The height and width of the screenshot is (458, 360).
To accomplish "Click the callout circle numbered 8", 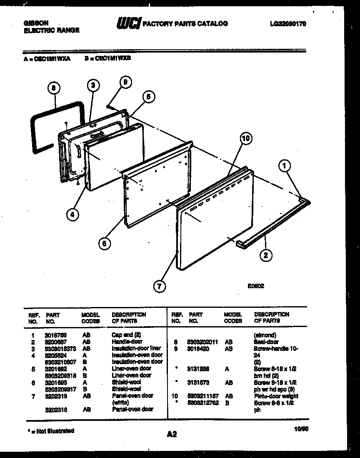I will pos(53,88).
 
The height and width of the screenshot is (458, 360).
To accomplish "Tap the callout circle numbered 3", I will pos(93,85).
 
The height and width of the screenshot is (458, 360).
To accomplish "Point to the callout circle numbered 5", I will pos(148,97).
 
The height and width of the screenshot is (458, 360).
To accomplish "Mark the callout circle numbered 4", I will pos(72,214).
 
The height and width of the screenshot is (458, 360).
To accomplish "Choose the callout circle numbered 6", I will pos(105,243).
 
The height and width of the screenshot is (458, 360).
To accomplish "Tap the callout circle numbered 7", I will pos(159,286).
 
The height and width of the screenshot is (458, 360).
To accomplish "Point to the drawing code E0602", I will pos(255,286).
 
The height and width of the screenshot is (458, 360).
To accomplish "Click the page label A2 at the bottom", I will pos(172,434).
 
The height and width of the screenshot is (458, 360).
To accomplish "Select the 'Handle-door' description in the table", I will pos(127,341).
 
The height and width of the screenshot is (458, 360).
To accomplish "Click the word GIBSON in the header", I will pos(35,23).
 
